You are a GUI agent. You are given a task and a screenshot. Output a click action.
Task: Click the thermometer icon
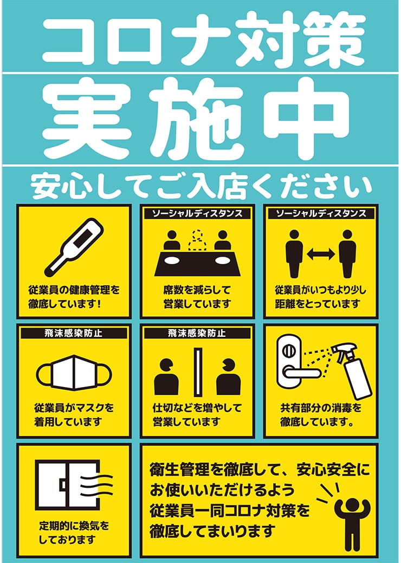point(74,247)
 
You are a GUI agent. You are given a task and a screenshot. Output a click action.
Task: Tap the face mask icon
point(74,372)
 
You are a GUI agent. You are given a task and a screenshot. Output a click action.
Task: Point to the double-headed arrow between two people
point(321,254)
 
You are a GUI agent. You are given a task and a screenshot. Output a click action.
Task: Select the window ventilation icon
point(74,485)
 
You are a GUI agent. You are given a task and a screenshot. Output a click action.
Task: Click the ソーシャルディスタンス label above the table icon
point(197,214)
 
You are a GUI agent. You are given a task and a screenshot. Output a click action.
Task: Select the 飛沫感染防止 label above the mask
point(74,333)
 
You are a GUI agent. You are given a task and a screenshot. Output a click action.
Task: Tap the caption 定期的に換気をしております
point(74,532)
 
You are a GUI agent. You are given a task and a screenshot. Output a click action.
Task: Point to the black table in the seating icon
point(197,264)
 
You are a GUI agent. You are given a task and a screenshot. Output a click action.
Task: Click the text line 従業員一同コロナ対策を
point(230,511)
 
